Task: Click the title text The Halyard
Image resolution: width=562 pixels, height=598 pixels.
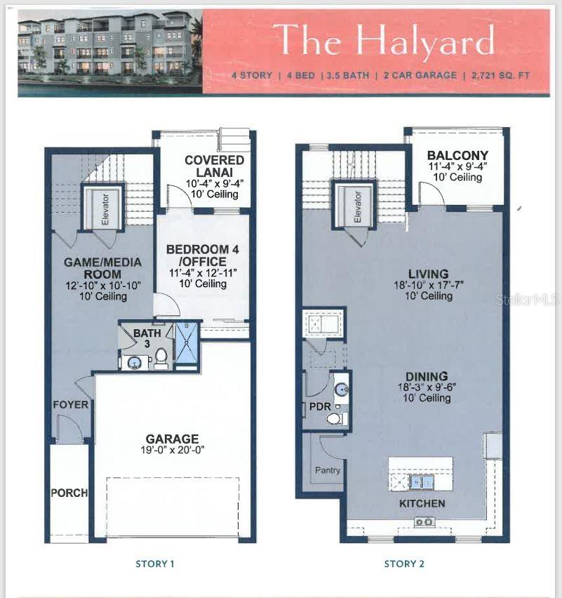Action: click(x=384, y=40)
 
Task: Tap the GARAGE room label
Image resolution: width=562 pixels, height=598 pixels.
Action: click(x=172, y=439)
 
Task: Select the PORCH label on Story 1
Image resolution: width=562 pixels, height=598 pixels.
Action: click(x=69, y=493)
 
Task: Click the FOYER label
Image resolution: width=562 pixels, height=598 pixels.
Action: click(x=70, y=404)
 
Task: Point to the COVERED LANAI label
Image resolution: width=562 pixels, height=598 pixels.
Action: click(x=214, y=166)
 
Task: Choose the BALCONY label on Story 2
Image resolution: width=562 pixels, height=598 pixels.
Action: click(x=457, y=155)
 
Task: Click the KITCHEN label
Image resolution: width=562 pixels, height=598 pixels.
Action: click(x=422, y=503)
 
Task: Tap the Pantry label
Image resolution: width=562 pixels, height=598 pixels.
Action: click(x=327, y=470)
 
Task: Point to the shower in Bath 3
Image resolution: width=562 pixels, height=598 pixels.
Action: click(x=186, y=345)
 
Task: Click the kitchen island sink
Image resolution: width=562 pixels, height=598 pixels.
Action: click(x=421, y=482)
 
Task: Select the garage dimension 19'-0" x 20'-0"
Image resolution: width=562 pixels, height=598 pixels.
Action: click(x=172, y=451)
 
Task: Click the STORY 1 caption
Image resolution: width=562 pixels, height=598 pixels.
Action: click(x=154, y=564)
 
